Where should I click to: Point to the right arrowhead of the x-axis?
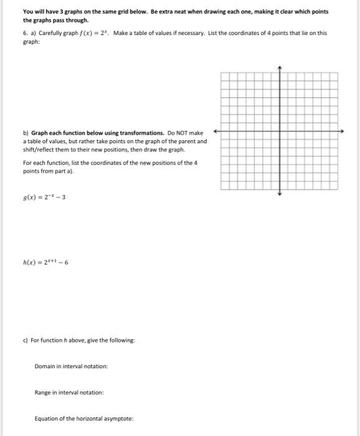click(342, 131)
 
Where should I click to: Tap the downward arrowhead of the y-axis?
click(280, 194)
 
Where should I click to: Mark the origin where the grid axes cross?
click(280, 131)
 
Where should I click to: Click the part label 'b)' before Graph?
click(25, 133)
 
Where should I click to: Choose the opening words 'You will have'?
click(37, 12)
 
